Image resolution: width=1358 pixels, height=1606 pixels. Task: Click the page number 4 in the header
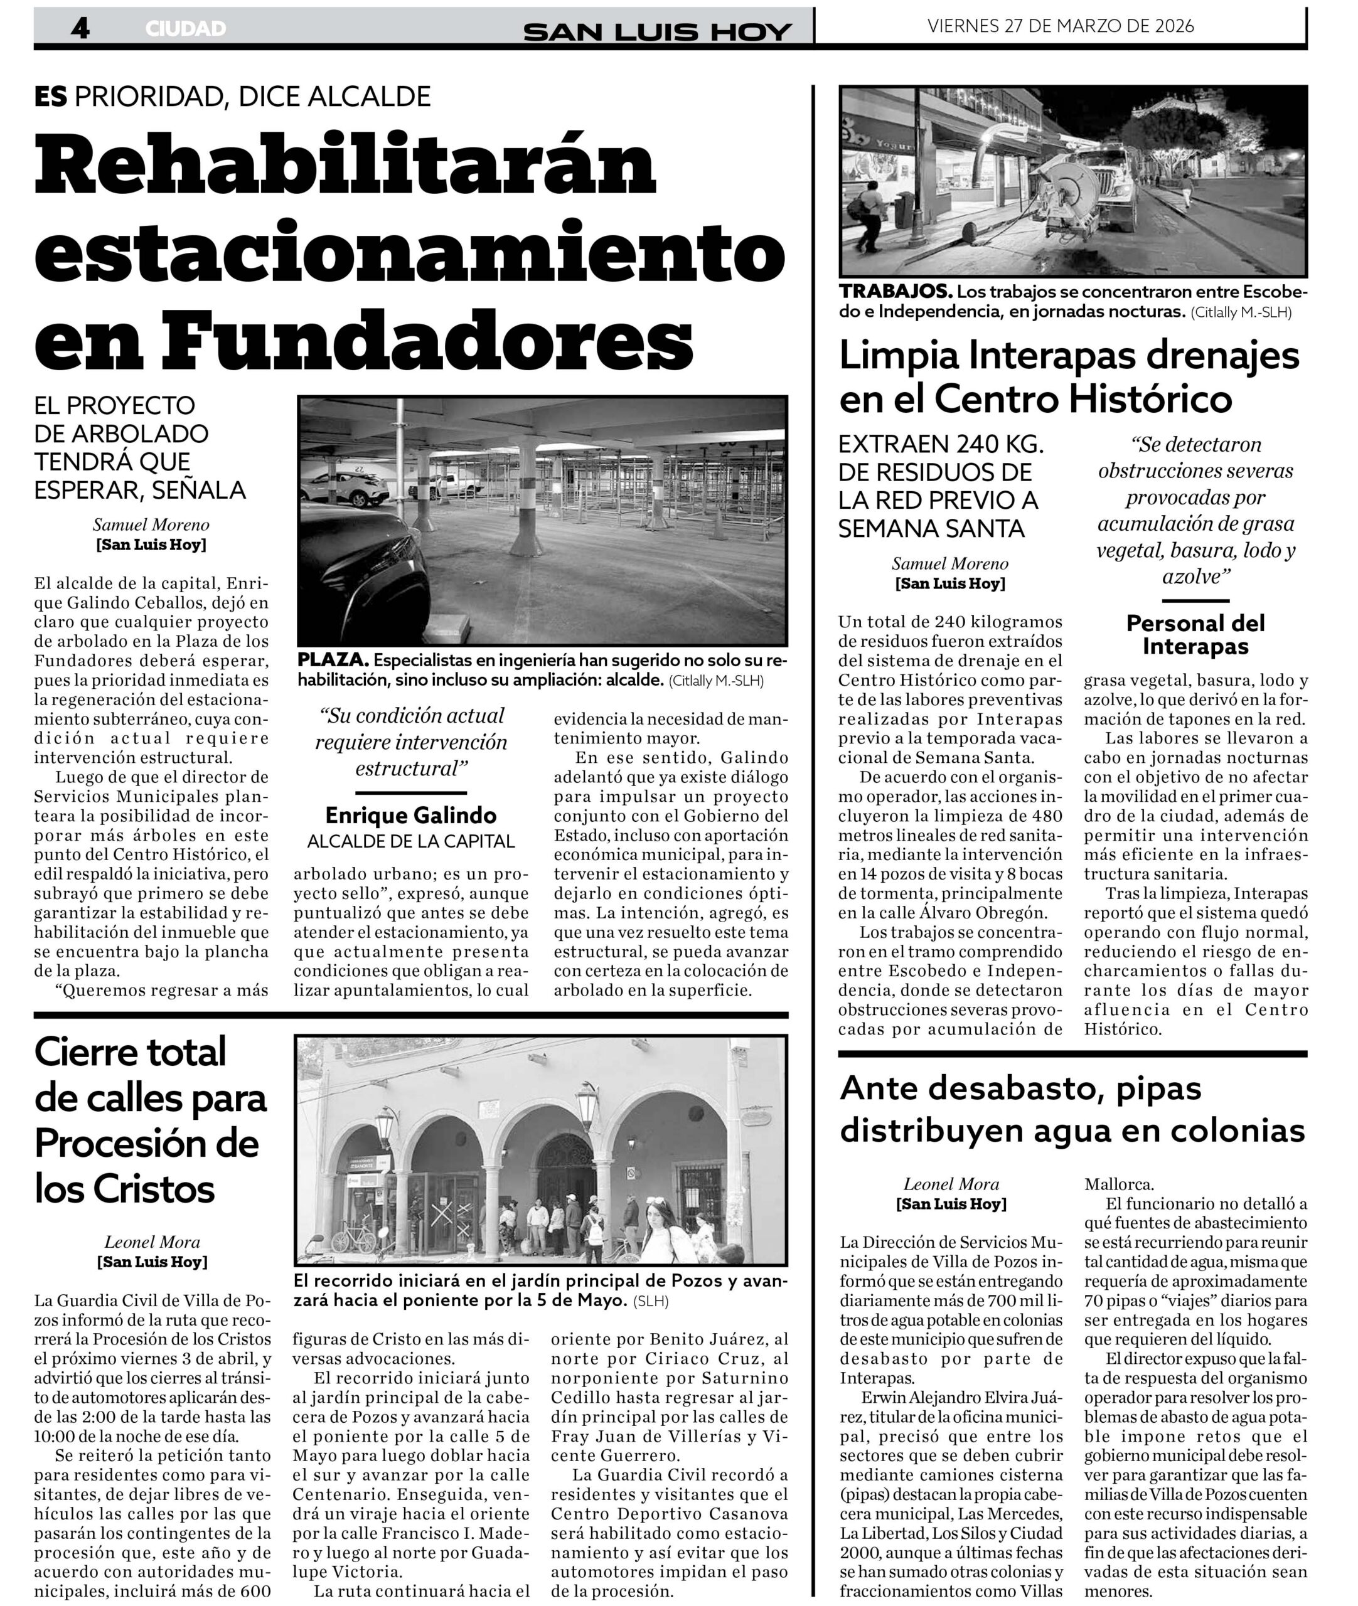80,28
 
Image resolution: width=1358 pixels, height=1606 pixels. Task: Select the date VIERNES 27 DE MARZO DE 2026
1060,26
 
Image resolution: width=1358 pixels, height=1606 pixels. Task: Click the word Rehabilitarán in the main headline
346,166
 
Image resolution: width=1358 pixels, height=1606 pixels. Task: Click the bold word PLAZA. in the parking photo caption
333,660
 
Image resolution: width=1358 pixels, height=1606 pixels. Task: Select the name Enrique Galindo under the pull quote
410,815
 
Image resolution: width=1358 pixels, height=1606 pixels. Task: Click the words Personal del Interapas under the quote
1195,634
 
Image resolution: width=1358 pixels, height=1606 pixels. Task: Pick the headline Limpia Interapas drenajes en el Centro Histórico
1069,377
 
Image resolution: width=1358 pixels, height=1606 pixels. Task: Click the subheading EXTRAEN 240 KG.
941,444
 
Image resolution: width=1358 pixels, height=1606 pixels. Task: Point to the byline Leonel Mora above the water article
951,1184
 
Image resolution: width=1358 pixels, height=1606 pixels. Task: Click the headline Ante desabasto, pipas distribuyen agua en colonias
1072,1109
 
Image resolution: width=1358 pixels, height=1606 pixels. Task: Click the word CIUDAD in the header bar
186,28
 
